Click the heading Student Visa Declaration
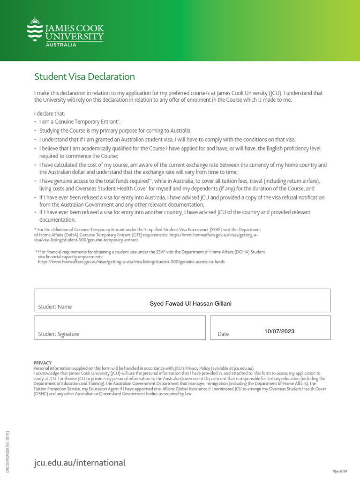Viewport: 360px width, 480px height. click(x=84, y=76)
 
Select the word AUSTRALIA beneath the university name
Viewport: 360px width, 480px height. click(x=61, y=45)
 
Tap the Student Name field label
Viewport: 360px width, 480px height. click(x=55, y=307)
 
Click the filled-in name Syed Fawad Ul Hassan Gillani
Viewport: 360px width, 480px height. click(x=190, y=304)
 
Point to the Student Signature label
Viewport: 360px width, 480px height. click(x=58, y=334)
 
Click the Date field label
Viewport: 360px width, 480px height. click(x=223, y=334)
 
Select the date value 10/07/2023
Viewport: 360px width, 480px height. click(x=279, y=331)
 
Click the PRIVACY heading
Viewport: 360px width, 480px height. click(x=43, y=363)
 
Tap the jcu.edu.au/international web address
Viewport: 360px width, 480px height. click(x=80, y=463)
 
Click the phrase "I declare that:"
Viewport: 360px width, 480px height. click(x=50, y=113)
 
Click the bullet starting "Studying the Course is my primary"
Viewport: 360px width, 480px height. click(x=115, y=130)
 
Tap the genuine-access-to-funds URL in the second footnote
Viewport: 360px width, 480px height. click(x=131, y=262)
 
